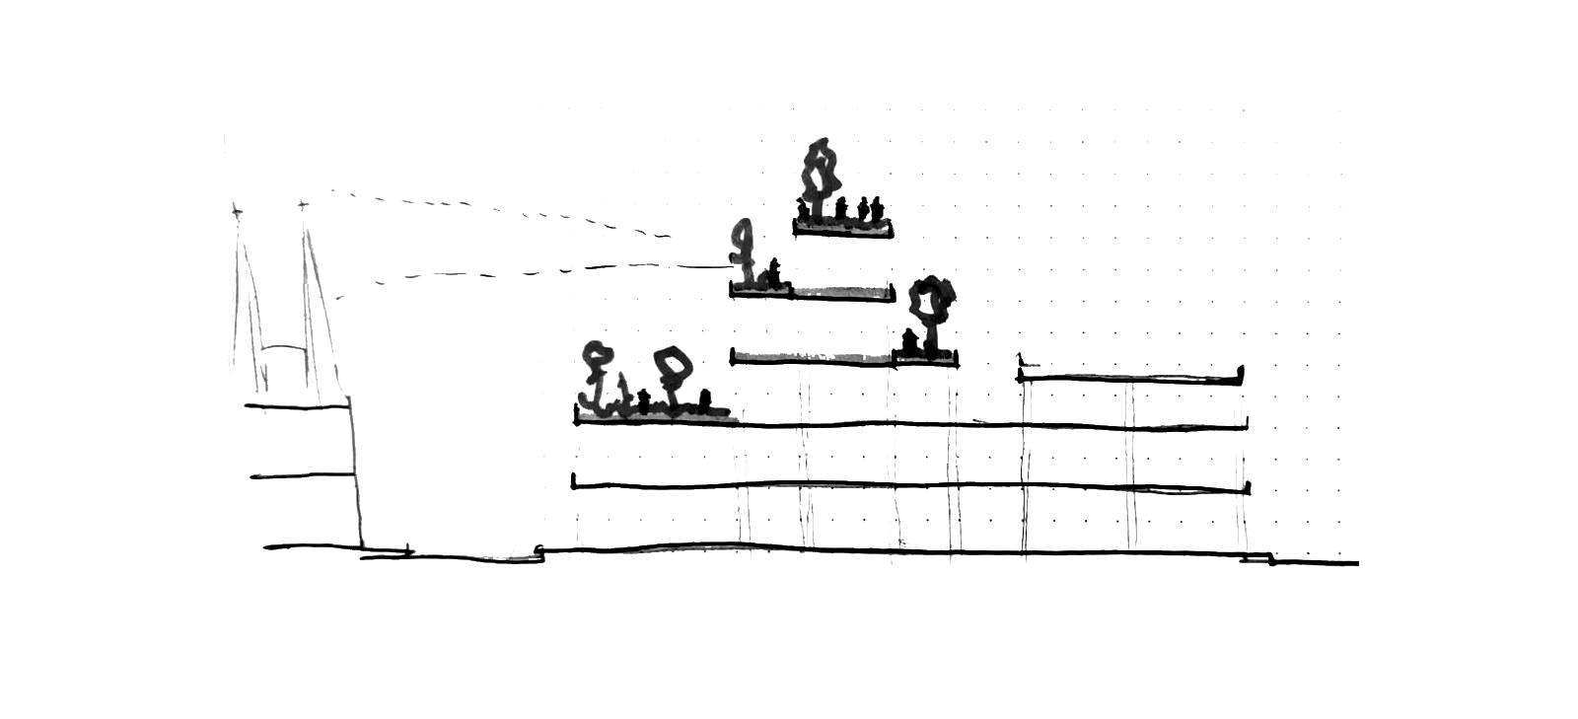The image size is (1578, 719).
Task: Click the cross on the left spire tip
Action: (x=236, y=210)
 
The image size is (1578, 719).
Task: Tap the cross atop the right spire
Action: (x=303, y=205)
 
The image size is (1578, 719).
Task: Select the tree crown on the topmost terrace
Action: (x=821, y=170)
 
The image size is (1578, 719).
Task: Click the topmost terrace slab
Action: (x=843, y=230)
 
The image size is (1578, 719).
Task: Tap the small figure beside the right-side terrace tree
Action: (x=912, y=341)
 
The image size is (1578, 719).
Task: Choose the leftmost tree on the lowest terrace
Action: (x=597, y=360)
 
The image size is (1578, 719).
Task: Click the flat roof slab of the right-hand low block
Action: (x=1130, y=378)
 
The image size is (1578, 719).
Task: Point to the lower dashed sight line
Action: (x=533, y=271)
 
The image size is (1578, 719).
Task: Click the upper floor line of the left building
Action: (x=296, y=404)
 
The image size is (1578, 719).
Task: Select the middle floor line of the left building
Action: (x=301, y=475)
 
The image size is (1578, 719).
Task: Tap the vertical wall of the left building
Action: (x=354, y=473)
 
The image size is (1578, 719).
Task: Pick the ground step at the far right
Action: (x=1269, y=560)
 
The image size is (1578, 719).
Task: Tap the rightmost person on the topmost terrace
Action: (x=877, y=209)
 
